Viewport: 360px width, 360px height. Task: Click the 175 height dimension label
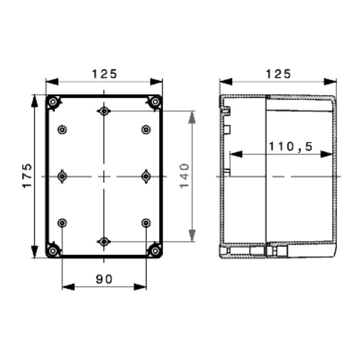[x=27, y=175]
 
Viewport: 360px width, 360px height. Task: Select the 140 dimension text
[x=184, y=176]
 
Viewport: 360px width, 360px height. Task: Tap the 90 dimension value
[x=104, y=279]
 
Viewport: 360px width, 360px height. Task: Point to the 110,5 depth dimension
[x=290, y=146]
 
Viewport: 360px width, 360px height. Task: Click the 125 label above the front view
[x=104, y=74]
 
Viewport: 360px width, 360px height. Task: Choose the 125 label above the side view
[x=278, y=74]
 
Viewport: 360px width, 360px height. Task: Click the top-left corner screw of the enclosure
[x=53, y=102]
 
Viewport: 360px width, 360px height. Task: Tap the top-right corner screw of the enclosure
[x=155, y=102]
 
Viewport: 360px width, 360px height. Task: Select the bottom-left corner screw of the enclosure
[x=53, y=251]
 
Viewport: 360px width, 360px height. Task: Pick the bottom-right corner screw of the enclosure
[x=155, y=251]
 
